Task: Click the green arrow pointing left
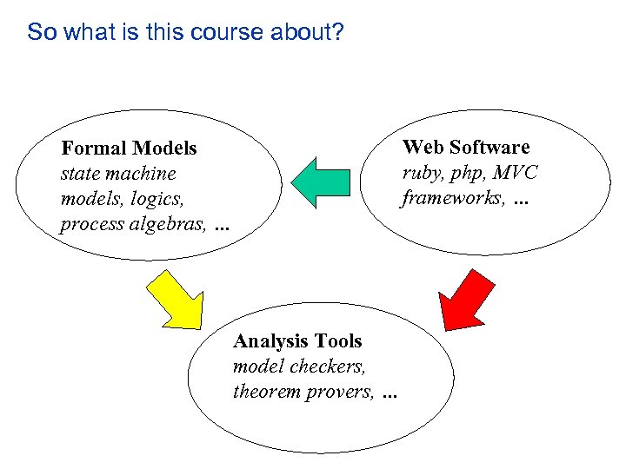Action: click(x=323, y=182)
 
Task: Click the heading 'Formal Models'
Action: click(x=129, y=149)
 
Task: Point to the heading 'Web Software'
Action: click(x=465, y=147)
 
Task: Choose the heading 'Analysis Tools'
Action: click(x=297, y=341)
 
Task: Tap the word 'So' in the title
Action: click(x=40, y=33)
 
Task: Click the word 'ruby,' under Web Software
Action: click(x=421, y=174)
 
